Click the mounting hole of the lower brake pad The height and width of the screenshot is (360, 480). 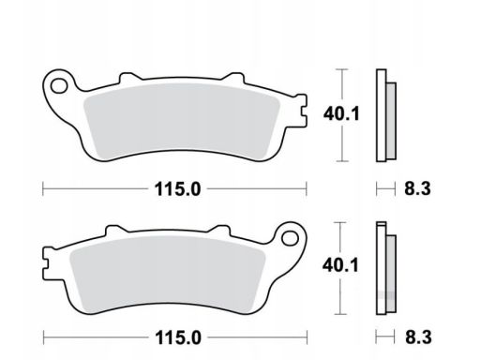(x=290, y=238)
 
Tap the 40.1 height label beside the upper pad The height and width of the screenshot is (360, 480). (x=341, y=113)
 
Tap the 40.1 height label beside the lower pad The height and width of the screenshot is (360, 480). (x=340, y=265)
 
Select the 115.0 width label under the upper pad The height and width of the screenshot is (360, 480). (x=177, y=189)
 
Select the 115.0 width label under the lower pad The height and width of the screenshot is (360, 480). (x=178, y=337)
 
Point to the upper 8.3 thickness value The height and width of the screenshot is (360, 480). (x=417, y=188)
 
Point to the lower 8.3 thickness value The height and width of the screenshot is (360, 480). (x=418, y=337)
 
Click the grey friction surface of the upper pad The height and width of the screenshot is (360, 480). (x=182, y=121)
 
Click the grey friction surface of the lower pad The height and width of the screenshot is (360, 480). (x=168, y=274)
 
